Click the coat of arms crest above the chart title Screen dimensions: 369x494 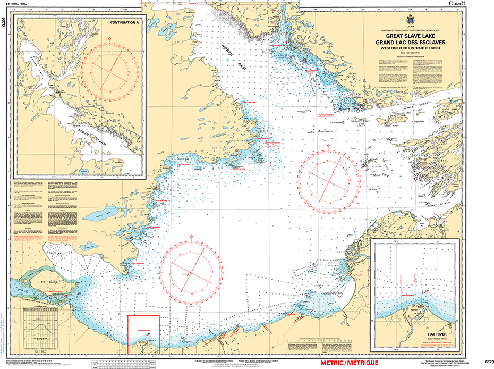click(408, 20)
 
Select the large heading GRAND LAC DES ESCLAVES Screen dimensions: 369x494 click(408, 42)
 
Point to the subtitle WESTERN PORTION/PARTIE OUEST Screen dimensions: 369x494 click(408, 48)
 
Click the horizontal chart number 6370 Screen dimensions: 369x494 click(485, 362)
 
